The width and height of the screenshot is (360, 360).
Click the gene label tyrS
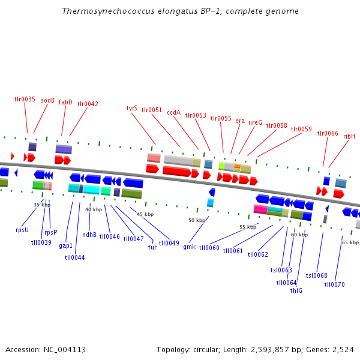coord(131,108)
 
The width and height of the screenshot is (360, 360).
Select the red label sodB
coord(47,100)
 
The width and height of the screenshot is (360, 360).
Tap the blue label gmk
coord(190,247)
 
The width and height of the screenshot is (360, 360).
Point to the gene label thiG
coord(296,290)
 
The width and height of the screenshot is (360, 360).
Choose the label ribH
coord(349,136)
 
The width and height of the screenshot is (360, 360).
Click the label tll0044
coord(74,257)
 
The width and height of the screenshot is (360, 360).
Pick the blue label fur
coord(152,247)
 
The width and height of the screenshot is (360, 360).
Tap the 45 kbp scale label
coord(145,214)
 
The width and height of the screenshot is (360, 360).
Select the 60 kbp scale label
coord(299,235)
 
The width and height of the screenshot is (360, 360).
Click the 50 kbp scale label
coord(197,220)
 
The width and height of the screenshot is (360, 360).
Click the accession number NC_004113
coord(65,350)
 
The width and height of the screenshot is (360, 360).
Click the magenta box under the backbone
coord(260,209)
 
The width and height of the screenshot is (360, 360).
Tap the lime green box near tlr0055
coord(221,166)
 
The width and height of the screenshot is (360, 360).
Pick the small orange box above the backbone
coord(238,166)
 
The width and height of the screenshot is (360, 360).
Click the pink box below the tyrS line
coord(154,158)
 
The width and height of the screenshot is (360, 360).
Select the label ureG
coord(256,122)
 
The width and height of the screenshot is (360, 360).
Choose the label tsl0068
coord(316,275)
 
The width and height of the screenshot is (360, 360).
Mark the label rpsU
coord(22,230)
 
